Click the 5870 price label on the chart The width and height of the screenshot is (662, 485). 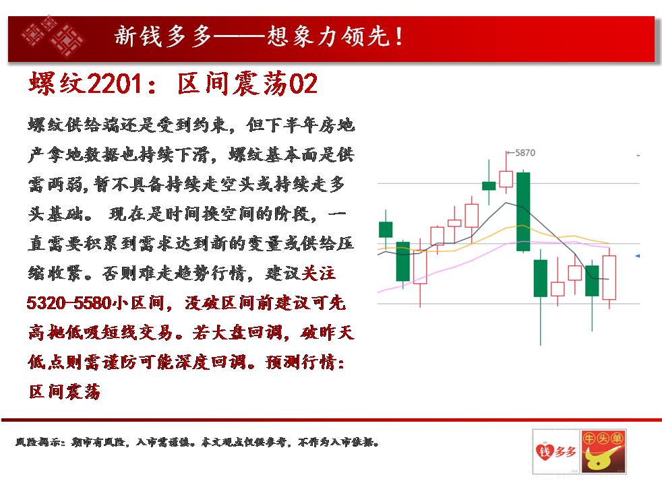pos(524,153)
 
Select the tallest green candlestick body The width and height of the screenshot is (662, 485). pos(523,212)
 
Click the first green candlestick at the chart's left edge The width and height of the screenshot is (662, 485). pos(386,230)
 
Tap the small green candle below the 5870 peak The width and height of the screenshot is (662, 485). pos(489,186)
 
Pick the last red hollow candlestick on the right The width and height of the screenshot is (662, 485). pos(609,278)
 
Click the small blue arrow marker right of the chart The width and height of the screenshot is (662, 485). pos(638,256)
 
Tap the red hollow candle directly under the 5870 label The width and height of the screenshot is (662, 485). pos(506,179)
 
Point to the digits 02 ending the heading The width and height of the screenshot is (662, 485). pos(303,84)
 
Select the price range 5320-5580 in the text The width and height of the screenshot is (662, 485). pos(69,303)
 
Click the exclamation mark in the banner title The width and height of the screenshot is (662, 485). pos(399,36)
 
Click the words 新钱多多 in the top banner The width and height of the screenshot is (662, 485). pos(162,36)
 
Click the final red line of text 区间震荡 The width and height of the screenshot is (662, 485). pos(64,391)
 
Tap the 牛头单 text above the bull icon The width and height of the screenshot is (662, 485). pos(603,439)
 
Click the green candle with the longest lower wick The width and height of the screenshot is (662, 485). pos(541,278)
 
